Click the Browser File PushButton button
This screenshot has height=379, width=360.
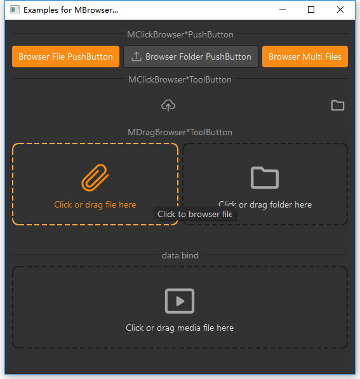(x=65, y=57)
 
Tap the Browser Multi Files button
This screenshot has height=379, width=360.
(x=305, y=57)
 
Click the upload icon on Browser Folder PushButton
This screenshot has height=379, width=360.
(x=137, y=57)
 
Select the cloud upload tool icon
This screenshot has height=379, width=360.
(x=168, y=105)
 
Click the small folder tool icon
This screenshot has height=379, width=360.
(x=338, y=105)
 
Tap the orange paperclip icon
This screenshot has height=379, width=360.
(x=95, y=178)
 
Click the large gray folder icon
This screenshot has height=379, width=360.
(x=265, y=178)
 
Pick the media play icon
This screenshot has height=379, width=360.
(x=180, y=301)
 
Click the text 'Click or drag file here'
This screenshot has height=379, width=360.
(x=95, y=204)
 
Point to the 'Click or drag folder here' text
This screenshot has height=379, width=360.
(x=265, y=204)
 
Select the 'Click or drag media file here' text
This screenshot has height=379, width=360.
(x=180, y=328)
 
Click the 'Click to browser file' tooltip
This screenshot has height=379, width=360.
(x=195, y=214)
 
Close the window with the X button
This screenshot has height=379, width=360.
(x=340, y=10)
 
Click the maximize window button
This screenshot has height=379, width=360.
(x=311, y=10)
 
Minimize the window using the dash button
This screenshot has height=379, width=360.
(x=283, y=10)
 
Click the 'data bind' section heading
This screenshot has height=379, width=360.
(x=180, y=255)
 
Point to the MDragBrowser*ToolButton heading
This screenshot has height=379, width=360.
(x=180, y=133)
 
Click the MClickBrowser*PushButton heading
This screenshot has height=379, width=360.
(x=180, y=34)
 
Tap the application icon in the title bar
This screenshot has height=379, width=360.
(x=15, y=10)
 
